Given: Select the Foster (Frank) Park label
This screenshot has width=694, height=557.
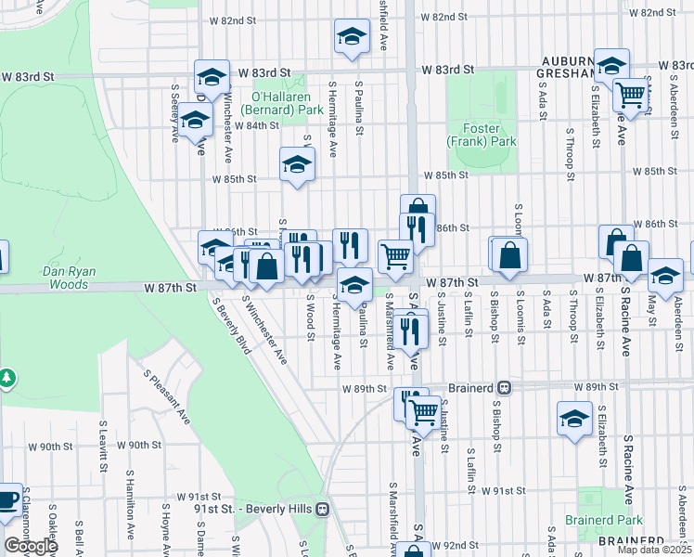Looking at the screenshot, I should pos(481,136).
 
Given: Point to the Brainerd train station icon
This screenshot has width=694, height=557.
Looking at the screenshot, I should pos(504,387).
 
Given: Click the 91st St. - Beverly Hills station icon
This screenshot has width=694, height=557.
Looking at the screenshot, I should pos(323,509).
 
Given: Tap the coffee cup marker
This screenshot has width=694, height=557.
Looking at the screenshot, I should pos(7,499).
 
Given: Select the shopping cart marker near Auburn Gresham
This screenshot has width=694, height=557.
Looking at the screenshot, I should pos(631,94).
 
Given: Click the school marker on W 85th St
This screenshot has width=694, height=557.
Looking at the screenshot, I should pos(297,165).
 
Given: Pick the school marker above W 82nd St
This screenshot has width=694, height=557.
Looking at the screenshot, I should pos(351,37).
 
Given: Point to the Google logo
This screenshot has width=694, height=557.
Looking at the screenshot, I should pos(30,546).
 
